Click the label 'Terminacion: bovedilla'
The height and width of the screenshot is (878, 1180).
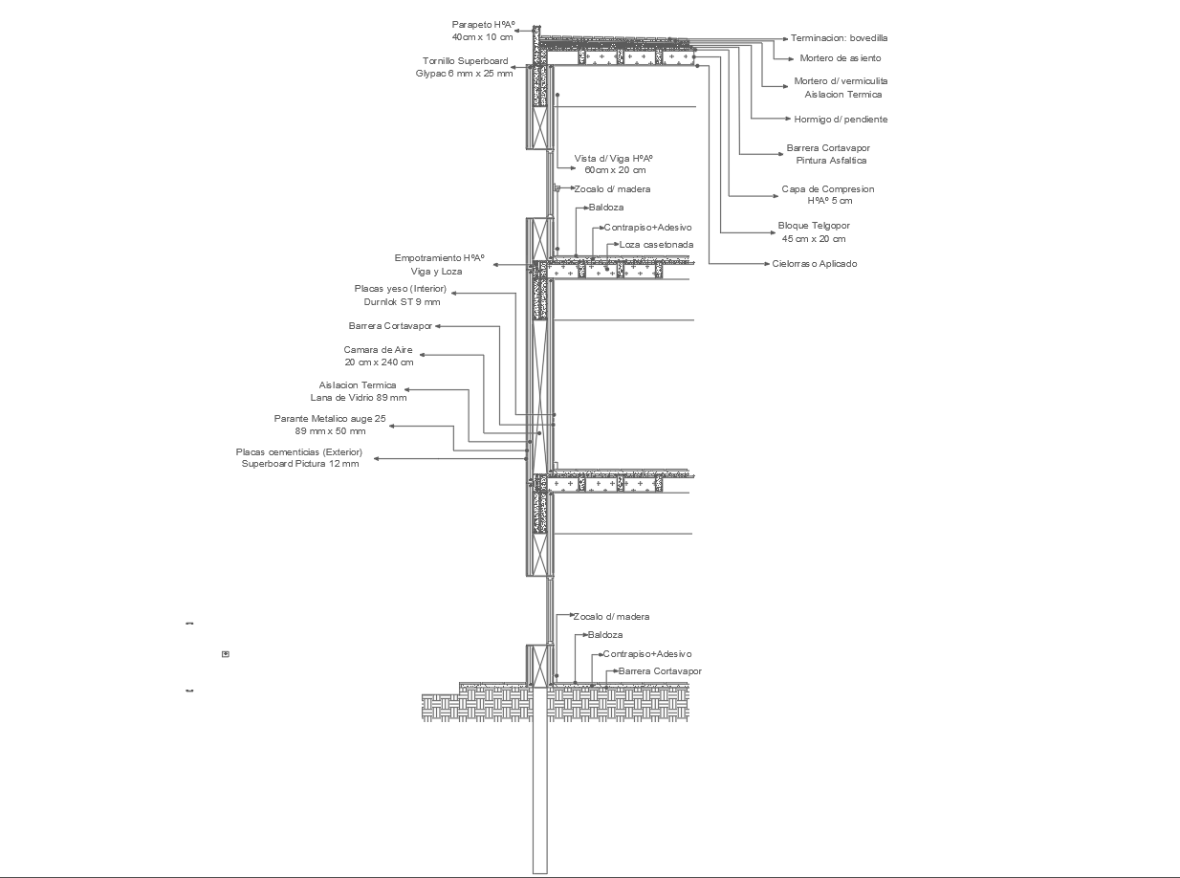click(x=839, y=38)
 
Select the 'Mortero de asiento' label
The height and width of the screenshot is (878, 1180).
click(x=841, y=58)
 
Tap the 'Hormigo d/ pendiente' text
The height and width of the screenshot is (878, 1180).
click(x=841, y=120)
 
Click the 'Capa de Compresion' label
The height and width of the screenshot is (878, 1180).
click(x=827, y=189)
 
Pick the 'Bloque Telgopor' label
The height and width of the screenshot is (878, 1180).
click(x=814, y=227)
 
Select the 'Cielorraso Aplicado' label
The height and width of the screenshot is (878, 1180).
click(x=815, y=264)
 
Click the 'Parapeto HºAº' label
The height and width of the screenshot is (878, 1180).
click(x=484, y=25)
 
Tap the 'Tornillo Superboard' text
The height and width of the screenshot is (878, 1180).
click(x=466, y=61)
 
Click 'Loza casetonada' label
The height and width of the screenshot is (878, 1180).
click(x=656, y=245)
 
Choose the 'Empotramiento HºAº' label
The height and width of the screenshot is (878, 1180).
click(x=440, y=258)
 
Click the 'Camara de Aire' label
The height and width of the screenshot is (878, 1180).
click(x=379, y=350)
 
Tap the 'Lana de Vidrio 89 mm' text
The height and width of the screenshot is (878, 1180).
click(x=359, y=398)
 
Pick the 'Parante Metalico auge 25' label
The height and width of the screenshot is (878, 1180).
click(x=330, y=419)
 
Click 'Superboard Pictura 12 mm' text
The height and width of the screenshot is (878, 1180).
click(x=300, y=464)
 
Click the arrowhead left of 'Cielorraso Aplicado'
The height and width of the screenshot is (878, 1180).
click(x=765, y=264)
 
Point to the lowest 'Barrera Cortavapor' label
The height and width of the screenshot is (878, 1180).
click(x=660, y=671)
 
